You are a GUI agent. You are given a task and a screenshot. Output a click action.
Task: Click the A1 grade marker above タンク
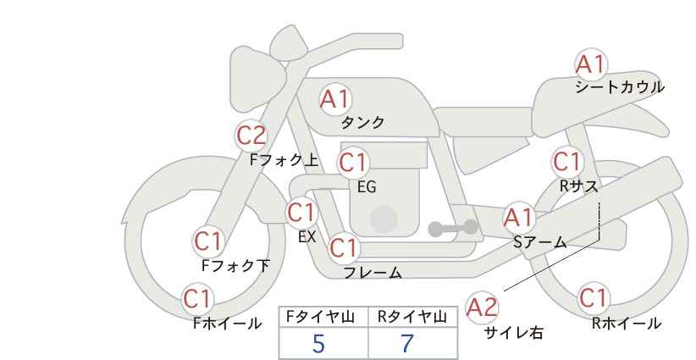pyautogui.click(x=334, y=99)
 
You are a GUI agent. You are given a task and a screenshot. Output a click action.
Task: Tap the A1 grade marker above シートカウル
pyautogui.click(x=590, y=64)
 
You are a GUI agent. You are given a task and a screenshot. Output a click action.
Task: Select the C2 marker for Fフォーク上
pyautogui.click(x=251, y=135)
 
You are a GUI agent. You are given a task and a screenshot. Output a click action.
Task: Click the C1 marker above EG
pyautogui.click(x=353, y=162)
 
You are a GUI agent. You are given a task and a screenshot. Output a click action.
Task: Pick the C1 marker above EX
pyautogui.click(x=301, y=212)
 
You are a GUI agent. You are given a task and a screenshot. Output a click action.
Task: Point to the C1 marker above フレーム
pyautogui.click(x=344, y=248)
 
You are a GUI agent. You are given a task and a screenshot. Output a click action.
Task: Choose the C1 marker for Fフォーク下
pyautogui.click(x=208, y=241)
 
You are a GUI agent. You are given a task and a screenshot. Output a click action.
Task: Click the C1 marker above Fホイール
pyautogui.click(x=198, y=299)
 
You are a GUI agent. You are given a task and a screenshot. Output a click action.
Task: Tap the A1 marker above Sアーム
pyautogui.click(x=518, y=218)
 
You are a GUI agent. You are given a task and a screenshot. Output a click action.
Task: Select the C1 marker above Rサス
pyautogui.click(x=566, y=161)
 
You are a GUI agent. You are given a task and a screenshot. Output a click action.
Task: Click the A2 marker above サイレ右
pyautogui.click(x=483, y=307)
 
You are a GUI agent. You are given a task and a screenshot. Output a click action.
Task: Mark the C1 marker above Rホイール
pyautogui.click(x=593, y=298)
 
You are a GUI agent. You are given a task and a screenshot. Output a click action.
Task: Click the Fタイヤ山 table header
pyautogui.click(x=323, y=317)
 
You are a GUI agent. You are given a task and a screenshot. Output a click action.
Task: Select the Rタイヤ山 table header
pyautogui.click(x=412, y=317)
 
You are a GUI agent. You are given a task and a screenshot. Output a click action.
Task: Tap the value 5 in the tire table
pyautogui.click(x=318, y=344)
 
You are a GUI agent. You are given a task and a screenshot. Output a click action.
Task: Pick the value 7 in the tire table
pyautogui.click(x=408, y=344)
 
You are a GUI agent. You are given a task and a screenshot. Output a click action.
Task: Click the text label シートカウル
pyautogui.click(x=620, y=87)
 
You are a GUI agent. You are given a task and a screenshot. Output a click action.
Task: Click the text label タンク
pyautogui.click(x=362, y=123)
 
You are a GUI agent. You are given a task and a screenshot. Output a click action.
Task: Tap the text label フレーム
pyautogui.click(x=373, y=273)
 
